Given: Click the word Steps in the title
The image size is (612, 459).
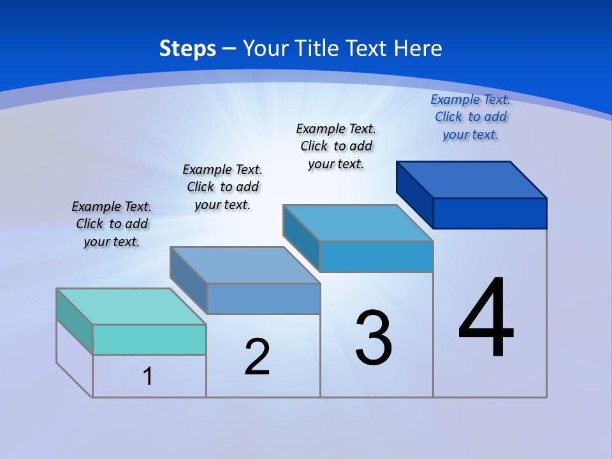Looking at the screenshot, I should click(187, 48).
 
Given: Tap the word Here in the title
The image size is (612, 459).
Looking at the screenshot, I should click(419, 48).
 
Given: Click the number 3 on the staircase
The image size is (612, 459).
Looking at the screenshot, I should click(374, 338).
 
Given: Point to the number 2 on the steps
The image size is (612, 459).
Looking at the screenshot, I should click(258, 357).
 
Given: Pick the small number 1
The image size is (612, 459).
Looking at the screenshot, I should click(148, 376).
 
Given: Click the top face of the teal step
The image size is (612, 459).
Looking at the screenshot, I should click(131, 307).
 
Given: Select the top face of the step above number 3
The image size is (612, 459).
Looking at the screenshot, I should click(358, 223).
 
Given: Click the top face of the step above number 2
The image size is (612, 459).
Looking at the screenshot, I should click(245, 265).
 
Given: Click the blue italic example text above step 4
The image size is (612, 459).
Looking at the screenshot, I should click(470, 117).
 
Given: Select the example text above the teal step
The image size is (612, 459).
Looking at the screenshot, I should click(112, 224).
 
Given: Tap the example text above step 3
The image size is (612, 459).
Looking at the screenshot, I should click(336, 146).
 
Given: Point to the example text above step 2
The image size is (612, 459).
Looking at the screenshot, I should click(222, 187).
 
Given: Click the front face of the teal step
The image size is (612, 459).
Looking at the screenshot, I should click(149, 339).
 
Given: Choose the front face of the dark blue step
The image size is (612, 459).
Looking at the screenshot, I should click(490, 213).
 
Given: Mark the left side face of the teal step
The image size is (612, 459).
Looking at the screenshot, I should click(75, 321).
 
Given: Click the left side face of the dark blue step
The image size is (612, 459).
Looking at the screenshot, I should click(415, 194).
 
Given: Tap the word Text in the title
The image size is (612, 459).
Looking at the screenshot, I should click(368, 48).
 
